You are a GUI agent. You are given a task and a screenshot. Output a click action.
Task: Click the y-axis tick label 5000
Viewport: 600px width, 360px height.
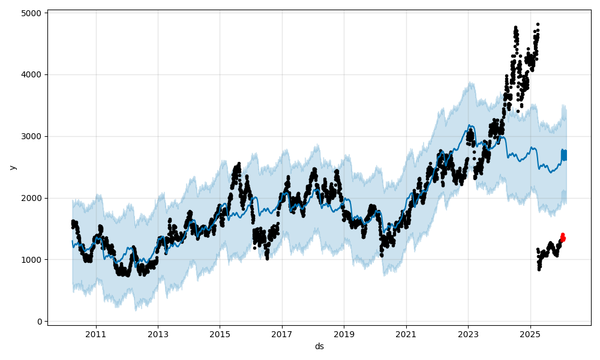coord(32,13)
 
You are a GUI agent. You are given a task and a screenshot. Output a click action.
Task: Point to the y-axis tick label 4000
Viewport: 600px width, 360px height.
coord(32,75)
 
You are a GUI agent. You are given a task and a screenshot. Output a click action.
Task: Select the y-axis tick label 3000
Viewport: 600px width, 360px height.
coord(32,136)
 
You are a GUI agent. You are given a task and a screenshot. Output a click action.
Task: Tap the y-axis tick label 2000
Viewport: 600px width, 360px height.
coord(32,198)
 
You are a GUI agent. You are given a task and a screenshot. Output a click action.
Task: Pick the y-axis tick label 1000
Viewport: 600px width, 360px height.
coord(32,260)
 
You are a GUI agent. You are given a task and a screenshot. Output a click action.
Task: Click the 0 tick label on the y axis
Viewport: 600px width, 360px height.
coord(39,322)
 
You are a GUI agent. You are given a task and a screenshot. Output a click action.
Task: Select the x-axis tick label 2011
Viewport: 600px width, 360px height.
coord(96,334)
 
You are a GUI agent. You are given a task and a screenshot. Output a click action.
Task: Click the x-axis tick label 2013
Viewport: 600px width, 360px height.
coord(158,334)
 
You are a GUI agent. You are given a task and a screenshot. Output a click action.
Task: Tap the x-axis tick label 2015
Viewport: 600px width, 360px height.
coord(220,334)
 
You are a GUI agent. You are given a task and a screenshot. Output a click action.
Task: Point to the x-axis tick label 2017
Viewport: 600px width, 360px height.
coord(282,334)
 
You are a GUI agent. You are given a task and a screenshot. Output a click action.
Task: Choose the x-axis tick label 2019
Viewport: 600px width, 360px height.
coord(344,334)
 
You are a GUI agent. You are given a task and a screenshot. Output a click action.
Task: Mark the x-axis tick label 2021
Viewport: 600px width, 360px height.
coord(406,334)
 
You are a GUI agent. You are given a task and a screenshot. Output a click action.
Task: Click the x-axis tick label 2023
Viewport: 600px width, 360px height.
coord(468,334)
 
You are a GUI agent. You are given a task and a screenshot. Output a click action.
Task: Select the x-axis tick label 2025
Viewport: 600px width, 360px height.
coord(530,334)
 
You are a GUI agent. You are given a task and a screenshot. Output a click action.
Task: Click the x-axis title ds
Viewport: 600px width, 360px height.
coord(319,346)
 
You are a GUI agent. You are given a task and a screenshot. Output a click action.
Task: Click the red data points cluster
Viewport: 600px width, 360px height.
coord(562,238)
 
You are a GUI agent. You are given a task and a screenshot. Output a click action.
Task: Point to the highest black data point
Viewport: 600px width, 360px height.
coord(538,25)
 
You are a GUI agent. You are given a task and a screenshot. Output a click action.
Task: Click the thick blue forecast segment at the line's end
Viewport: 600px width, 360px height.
coord(564,155)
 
